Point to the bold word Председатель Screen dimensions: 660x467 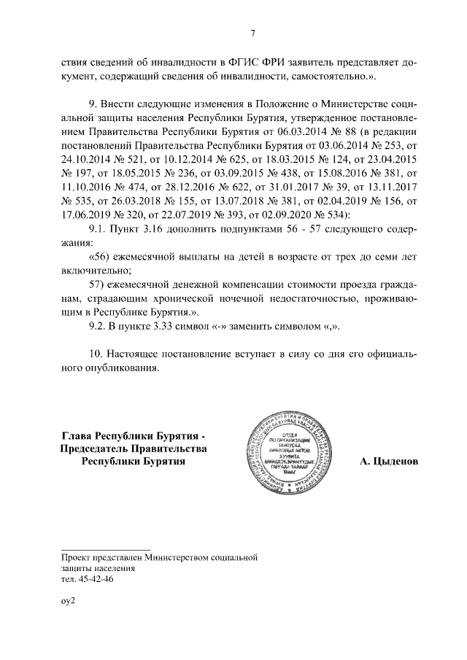coord(90,449)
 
